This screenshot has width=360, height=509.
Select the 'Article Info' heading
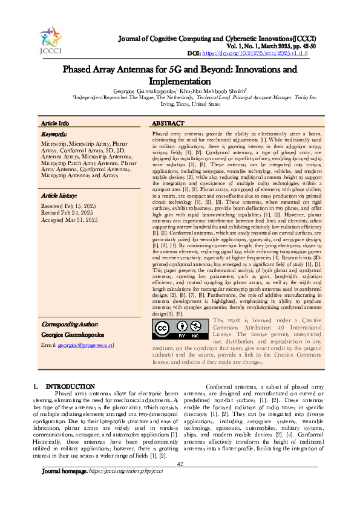(x=55, y=123)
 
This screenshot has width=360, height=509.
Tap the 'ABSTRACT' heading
(x=164, y=123)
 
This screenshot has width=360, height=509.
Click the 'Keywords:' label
(x=54, y=134)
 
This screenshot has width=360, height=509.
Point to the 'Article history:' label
(x=59, y=196)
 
